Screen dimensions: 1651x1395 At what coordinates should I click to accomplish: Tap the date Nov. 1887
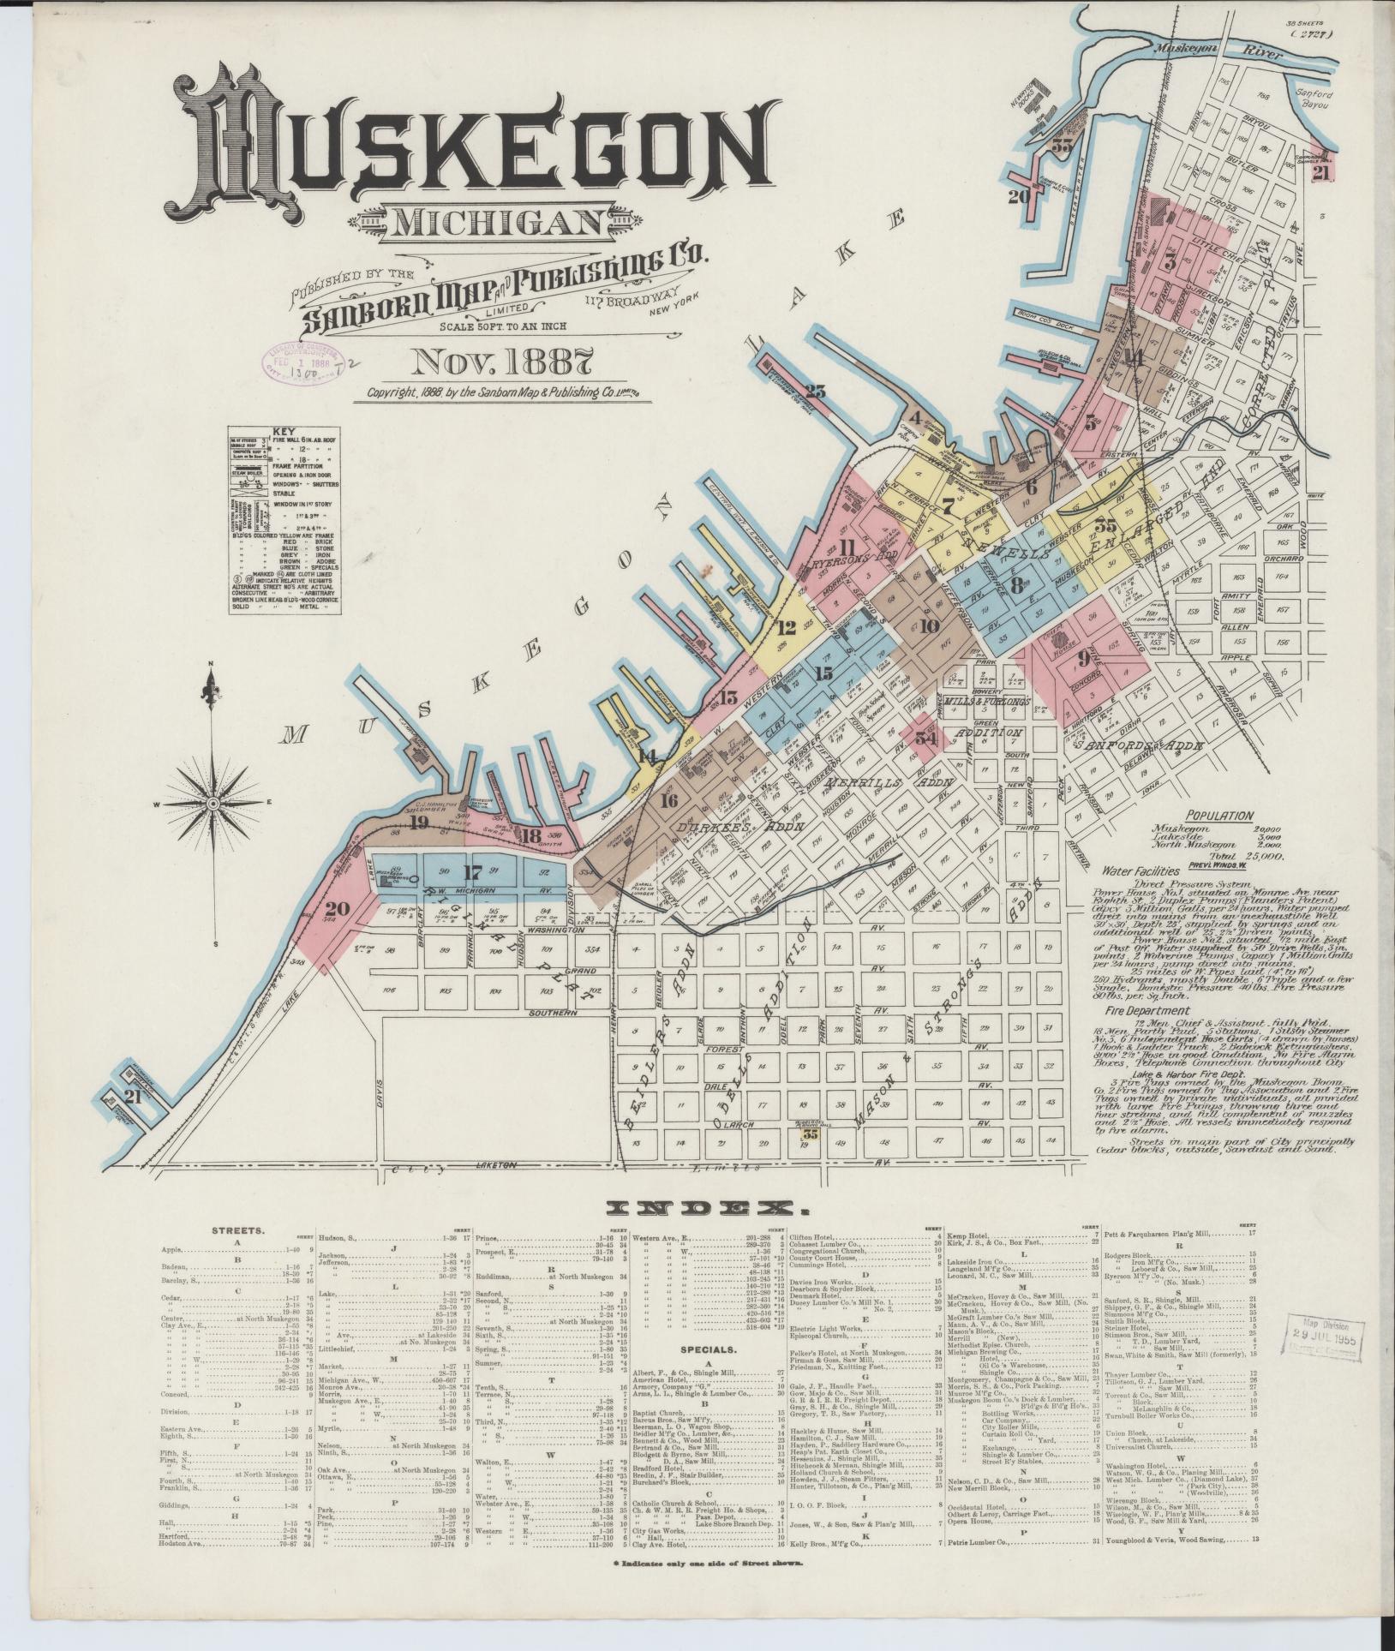501,360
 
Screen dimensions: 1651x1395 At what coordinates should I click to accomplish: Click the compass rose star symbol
211,803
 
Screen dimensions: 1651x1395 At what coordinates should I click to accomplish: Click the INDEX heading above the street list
696,1208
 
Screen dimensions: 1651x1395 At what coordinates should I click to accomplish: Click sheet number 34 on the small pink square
925,736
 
